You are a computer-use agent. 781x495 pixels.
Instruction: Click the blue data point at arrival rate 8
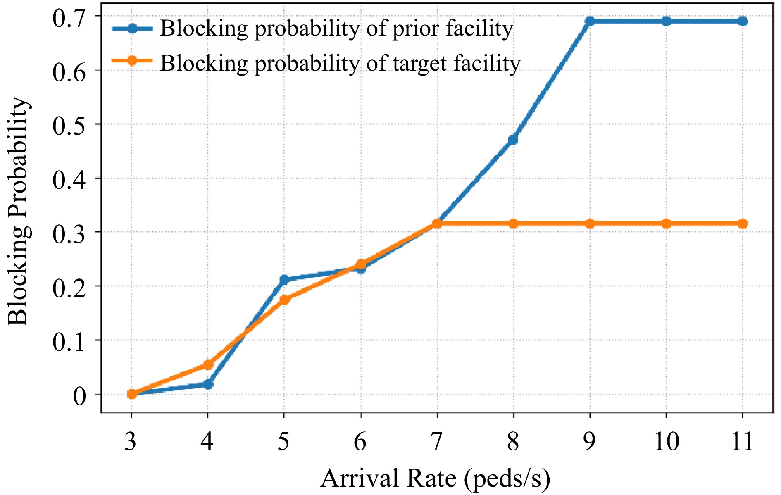click(x=513, y=139)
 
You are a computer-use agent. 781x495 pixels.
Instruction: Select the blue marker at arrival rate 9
click(x=590, y=21)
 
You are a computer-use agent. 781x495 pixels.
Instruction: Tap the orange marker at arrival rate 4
click(x=208, y=365)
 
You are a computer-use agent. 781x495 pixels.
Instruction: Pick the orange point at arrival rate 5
click(x=284, y=300)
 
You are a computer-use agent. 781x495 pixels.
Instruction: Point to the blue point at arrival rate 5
click(x=284, y=280)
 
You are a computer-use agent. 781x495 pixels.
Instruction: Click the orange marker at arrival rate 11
click(x=743, y=224)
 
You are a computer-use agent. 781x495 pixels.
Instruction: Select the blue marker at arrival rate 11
click(x=743, y=21)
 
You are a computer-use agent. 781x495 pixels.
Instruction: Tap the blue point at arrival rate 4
click(x=208, y=384)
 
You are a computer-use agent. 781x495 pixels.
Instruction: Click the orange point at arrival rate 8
click(x=513, y=224)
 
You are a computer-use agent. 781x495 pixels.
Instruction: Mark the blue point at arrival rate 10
click(x=666, y=21)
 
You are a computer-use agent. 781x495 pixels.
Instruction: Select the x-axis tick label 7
click(x=436, y=441)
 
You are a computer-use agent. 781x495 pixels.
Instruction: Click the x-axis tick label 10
click(x=666, y=441)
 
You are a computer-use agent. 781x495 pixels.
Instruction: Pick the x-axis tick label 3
click(x=131, y=441)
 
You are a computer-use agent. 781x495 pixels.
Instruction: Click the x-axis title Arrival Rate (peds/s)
click(x=435, y=478)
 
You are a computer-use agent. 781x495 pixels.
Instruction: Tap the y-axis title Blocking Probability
click(x=19, y=211)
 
